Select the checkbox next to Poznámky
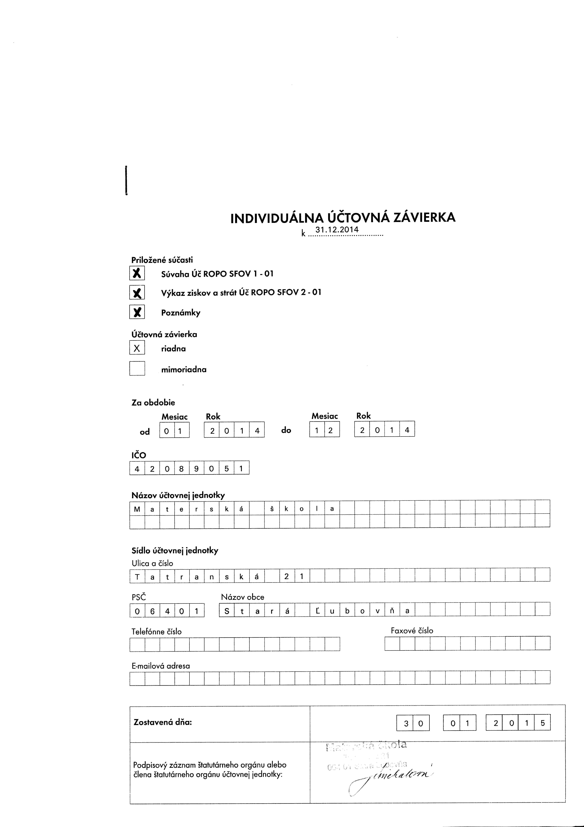[x=137, y=312]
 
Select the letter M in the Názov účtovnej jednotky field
[x=137, y=509]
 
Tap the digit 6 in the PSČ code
[x=152, y=611]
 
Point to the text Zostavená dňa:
[x=163, y=722]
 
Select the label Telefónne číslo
[x=157, y=631]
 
